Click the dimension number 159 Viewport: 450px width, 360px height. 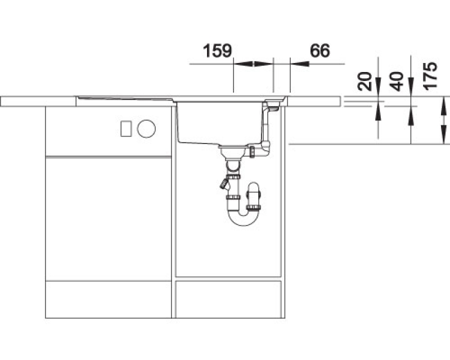point(217,51)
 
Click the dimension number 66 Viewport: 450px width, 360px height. point(319,51)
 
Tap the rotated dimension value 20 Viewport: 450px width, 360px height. point(364,82)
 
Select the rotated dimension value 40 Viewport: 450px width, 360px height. point(397,82)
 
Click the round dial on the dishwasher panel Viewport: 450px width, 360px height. point(146,129)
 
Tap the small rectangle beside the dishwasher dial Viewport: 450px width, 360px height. point(126,129)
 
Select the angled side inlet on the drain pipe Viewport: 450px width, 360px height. point(224,184)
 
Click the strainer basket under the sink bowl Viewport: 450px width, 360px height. point(233,151)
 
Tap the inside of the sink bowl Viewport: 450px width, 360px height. point(219,122)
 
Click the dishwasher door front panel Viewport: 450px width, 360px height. point(109,218)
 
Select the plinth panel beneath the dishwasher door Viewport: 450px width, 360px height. point(109,299)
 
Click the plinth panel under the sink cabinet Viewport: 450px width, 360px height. point(228,299)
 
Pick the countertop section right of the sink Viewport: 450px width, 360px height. point(314,102)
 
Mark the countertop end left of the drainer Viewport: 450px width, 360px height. point(38,101)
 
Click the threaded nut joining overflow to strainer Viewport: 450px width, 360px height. point(252,151)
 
